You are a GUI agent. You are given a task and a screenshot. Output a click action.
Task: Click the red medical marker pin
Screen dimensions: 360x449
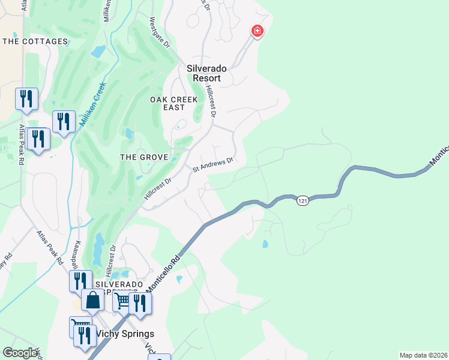(x=257, y=31)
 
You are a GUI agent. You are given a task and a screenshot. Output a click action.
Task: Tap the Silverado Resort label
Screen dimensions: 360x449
(x=206, y=73)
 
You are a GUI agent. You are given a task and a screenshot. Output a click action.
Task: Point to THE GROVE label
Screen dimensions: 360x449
(x=143, y=157)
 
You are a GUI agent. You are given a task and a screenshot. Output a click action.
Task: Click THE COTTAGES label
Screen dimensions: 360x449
(x=35, y=41)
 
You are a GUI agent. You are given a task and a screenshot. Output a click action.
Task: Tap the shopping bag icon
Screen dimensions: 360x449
(x=93, y=299)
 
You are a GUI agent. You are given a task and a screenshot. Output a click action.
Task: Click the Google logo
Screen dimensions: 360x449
(x=20, y=353)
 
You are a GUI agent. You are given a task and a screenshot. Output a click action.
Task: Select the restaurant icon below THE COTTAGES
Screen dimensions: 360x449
(x=26, y=98)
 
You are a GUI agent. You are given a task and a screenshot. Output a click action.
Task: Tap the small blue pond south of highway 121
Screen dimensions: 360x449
(x=265, y=244)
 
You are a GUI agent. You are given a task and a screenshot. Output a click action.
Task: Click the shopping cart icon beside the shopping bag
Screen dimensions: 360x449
(x=122, y=299)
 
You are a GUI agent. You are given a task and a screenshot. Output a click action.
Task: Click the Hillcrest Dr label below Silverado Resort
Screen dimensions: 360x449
(x=211, y=100)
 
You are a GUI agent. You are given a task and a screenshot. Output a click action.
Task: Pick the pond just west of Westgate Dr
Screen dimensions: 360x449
(x=98, y=52)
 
